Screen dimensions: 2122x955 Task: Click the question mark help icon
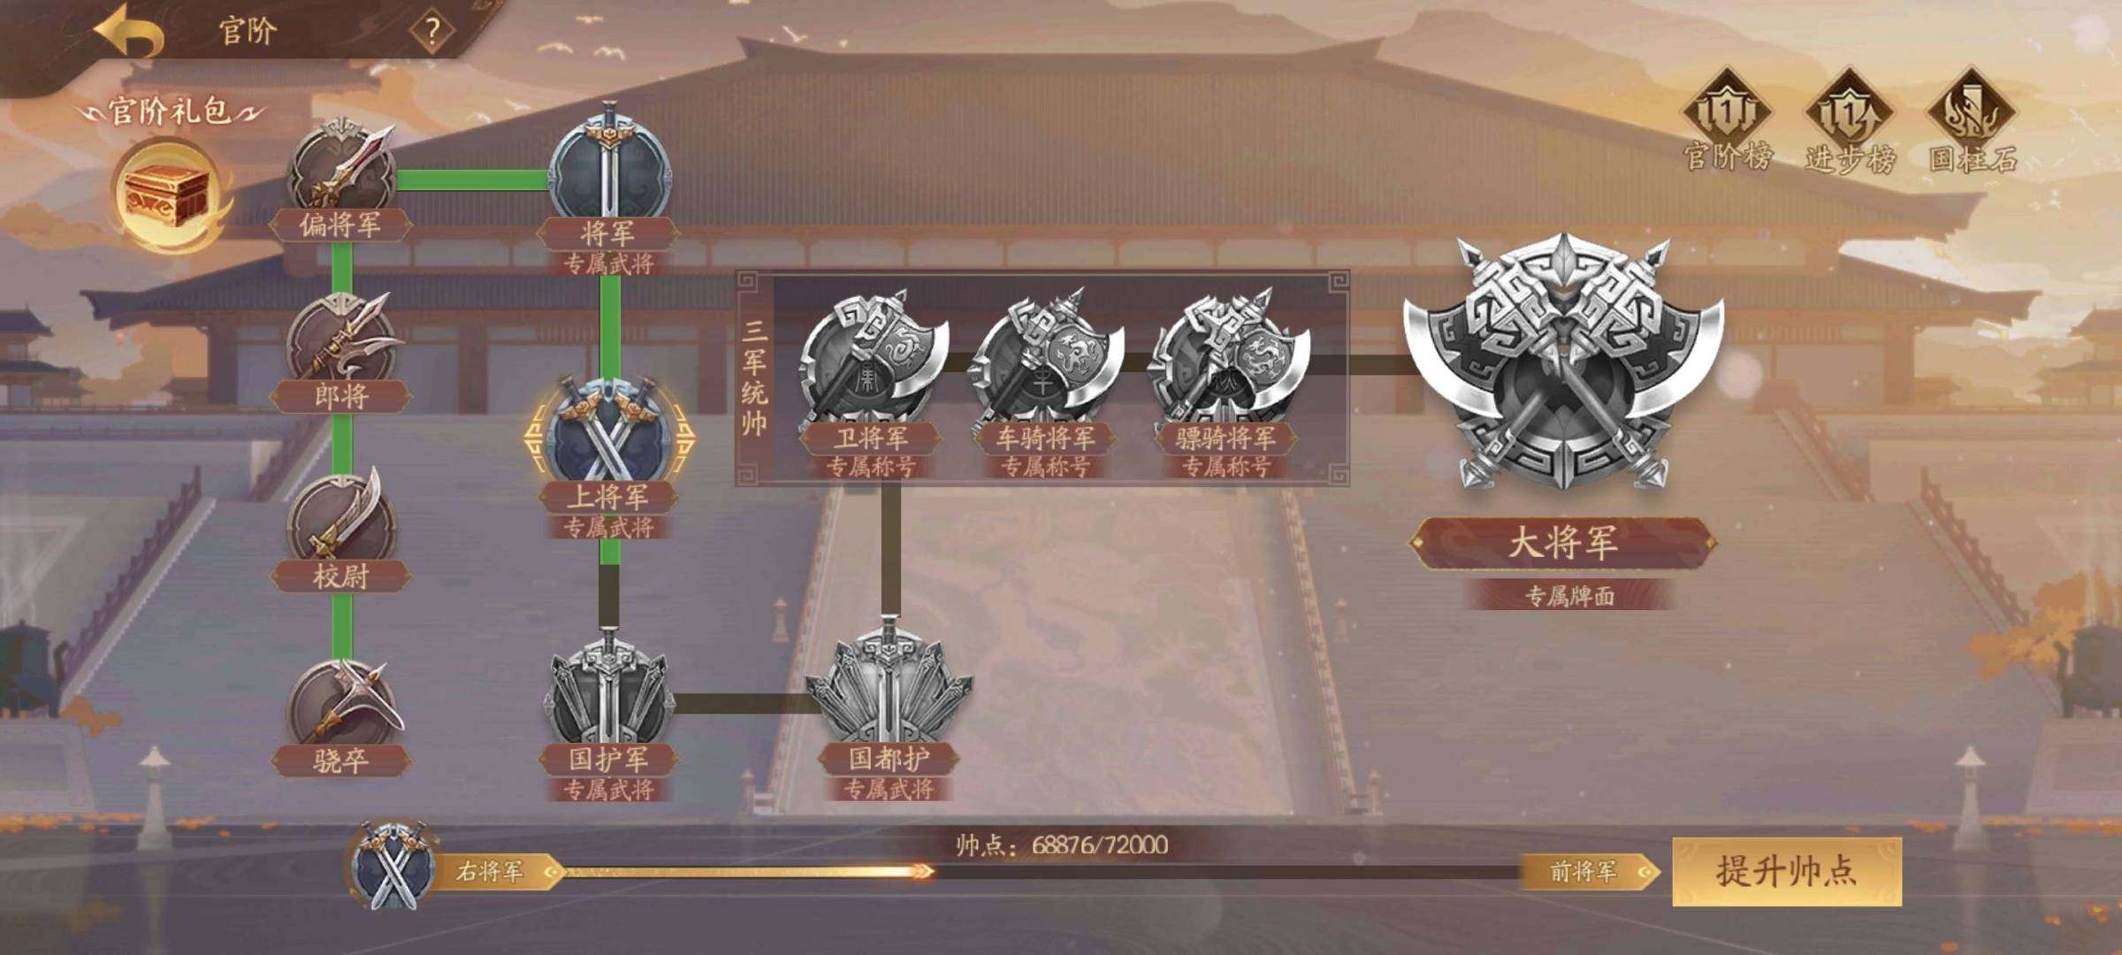(432, 32)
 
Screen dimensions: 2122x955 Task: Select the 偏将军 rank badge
(342, 168)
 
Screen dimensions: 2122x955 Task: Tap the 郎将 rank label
(341, 396)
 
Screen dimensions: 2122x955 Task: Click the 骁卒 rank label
(341, 760)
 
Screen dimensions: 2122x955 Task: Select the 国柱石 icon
(1973, 120)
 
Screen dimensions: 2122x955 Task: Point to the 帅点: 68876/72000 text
(1062, 845)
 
